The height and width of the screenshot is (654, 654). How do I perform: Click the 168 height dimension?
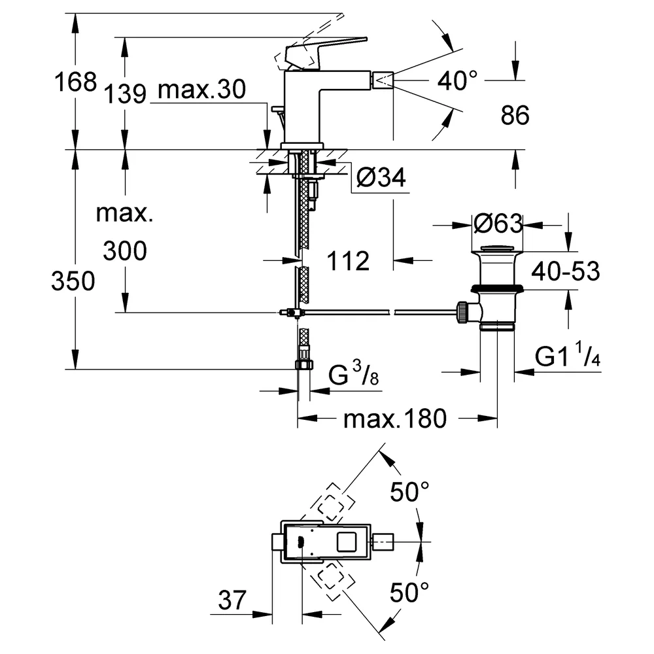(75, 82)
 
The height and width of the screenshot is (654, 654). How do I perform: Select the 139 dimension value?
(125, 94)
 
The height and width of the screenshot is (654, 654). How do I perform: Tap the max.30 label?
(202, 89)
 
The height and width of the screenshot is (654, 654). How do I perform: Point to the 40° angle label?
(457, 80)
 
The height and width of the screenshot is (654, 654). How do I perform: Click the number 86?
(515, 115)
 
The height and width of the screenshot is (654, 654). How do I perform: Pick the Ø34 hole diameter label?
(381, 178)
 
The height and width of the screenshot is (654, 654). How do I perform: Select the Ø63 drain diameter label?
(498, 224)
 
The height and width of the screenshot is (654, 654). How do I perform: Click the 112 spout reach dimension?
(348, 261)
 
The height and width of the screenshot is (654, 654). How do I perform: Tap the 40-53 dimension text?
(566, 271)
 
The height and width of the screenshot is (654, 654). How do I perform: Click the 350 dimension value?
(73, 281)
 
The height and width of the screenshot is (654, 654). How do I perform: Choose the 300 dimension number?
(125, 250)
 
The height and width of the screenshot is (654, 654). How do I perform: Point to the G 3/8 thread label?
(354, 373)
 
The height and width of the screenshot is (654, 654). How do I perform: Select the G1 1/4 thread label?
(568, 354)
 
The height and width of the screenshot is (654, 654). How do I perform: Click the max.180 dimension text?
(395, 419)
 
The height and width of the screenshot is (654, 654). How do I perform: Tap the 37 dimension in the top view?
(232, 600)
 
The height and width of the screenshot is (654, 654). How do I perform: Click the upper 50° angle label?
(409, 491)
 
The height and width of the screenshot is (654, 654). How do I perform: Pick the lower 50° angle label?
(409, 593)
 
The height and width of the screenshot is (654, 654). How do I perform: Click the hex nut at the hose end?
(304, 364)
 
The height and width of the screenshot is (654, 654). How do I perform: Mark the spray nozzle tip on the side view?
(383, 79)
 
